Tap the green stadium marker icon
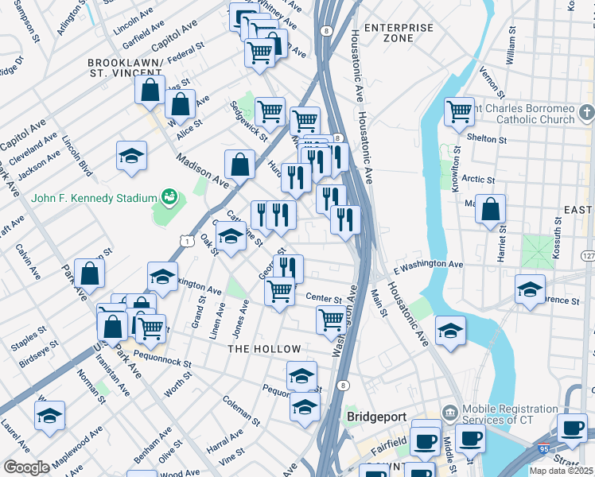(x=168, y=196)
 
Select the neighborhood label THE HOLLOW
(x=264, y=349)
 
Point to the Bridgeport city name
(x=376, y=417)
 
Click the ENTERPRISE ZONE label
(x=399, y=33)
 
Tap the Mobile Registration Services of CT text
(x=511, y=414)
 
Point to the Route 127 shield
(x=587, y=256)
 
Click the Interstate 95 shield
(x=544, y=448)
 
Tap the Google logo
(x=26, y=467)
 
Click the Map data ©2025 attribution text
(x=561, y=471)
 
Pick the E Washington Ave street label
(x=427, y=265)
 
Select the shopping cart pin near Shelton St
(x=459, y=111)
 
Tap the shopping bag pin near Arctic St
(x=492, y=209)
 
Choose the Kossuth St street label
(x=559, y=244)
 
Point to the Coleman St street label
(x=241, y=409)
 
